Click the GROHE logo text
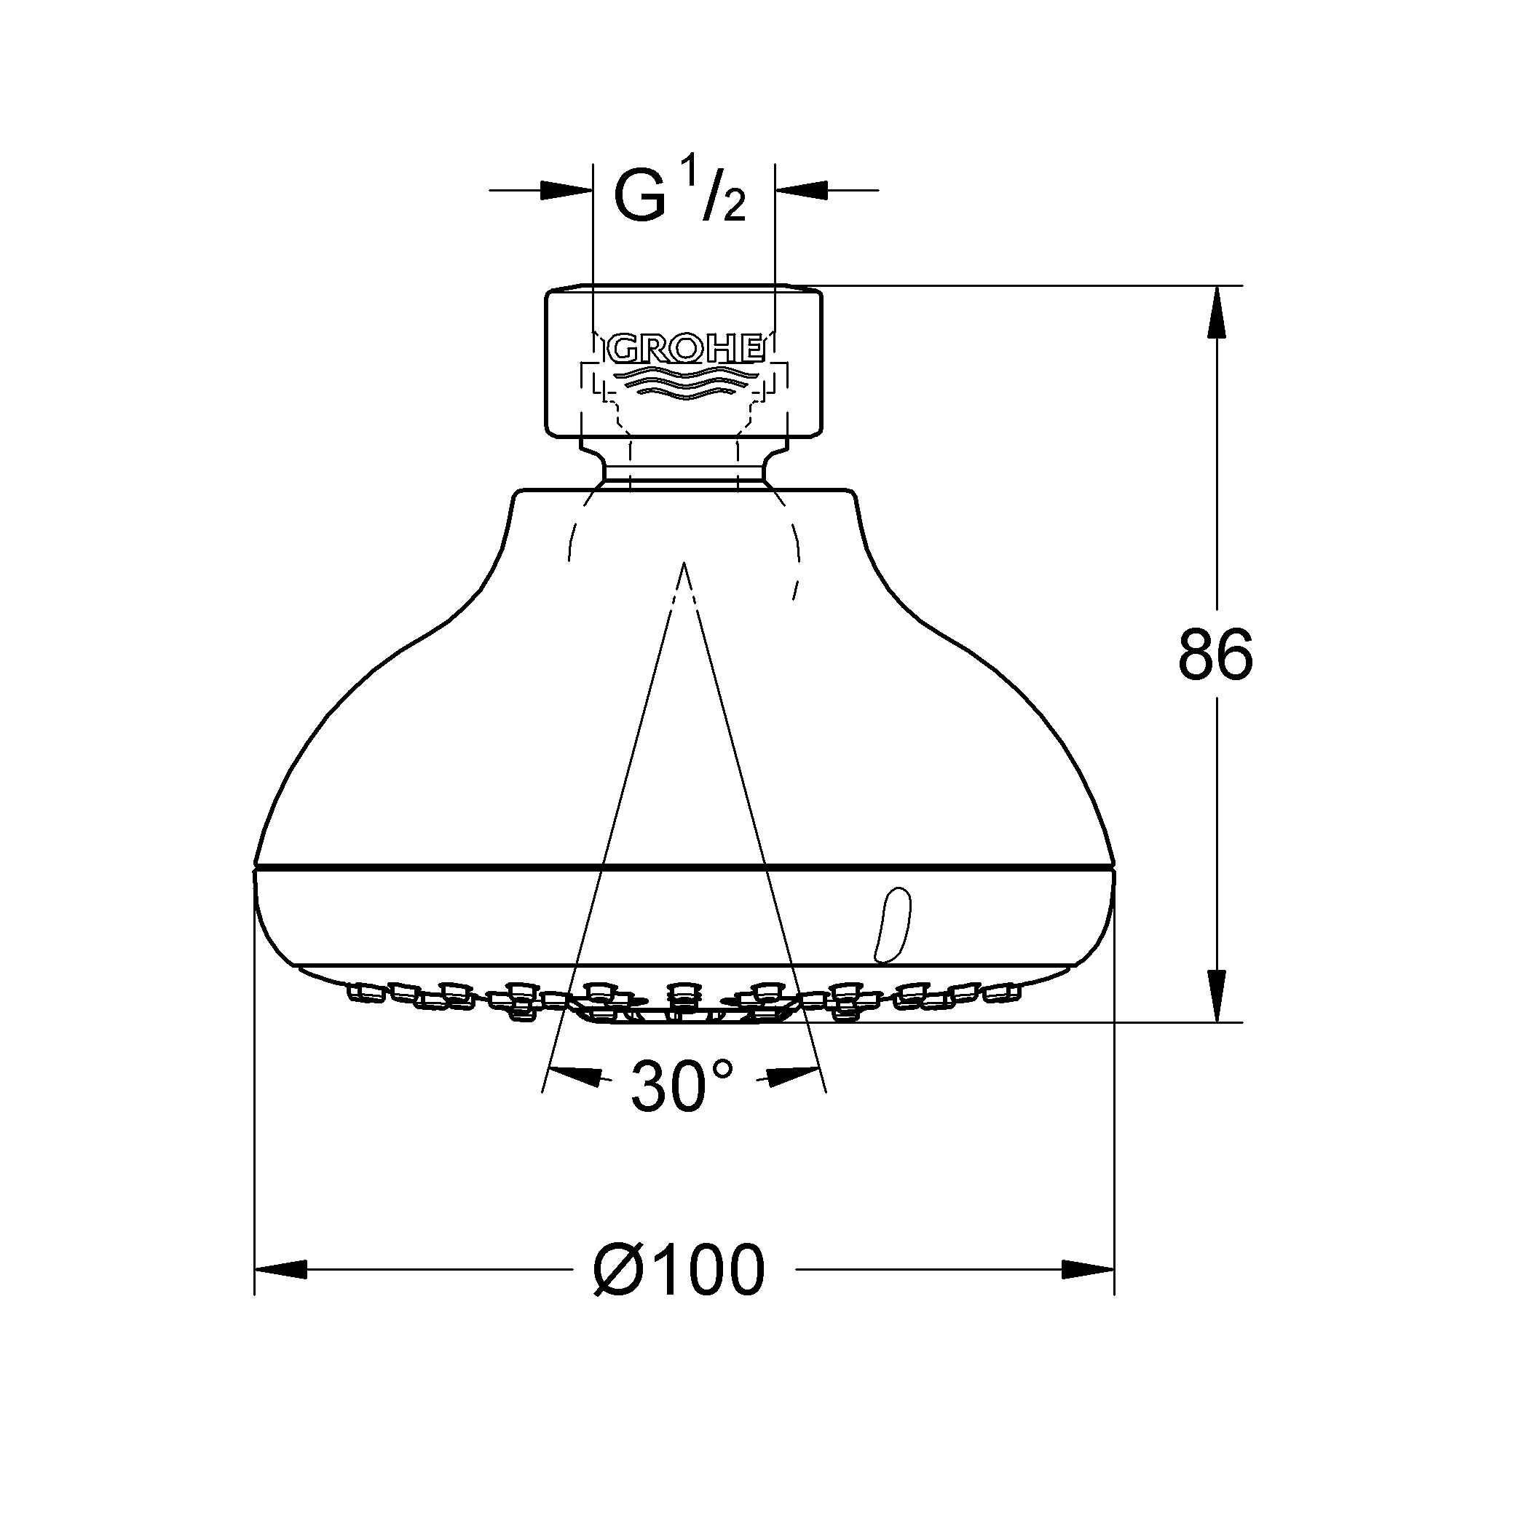[x=685, y=348]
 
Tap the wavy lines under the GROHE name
[x=685, y=380]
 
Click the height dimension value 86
[x=1215, y=653]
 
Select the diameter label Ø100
[x=679, y=1271]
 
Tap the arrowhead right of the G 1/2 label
[x=802, y=190]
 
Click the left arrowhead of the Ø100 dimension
[x=281, y=1270]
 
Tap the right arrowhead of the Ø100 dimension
[x=1087, y=1270]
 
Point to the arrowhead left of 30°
[x=575, y=1077]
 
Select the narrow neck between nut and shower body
[x=684, y=468]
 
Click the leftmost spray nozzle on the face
[x=364, y=991]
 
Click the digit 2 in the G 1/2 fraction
[x=734, y=208]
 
